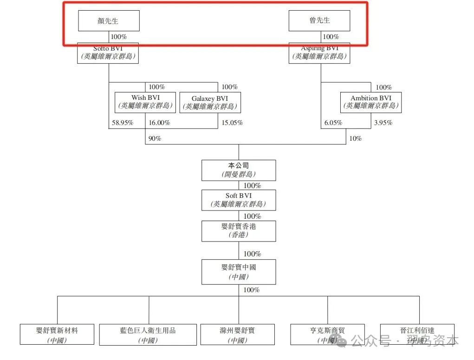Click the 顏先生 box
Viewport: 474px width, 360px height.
109,21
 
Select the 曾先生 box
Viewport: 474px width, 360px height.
319,21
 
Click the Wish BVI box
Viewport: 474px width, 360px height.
145,102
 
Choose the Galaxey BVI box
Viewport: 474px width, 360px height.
210,102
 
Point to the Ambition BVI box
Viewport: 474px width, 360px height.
370,102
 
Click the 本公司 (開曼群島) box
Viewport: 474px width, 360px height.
239,170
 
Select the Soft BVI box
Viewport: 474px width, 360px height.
239,200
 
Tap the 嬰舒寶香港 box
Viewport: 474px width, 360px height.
239,231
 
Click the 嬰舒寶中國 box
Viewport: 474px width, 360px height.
239,272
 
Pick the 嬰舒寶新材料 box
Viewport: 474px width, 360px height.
57,334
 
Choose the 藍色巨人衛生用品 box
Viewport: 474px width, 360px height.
148,334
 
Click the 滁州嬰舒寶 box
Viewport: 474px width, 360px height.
237,334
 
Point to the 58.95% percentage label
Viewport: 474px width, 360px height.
123,123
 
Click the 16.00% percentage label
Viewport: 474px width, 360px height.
159,123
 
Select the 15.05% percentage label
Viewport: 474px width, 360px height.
232,123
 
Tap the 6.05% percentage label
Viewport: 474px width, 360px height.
333,123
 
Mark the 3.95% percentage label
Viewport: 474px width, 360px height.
383,123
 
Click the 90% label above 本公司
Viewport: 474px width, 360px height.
155,138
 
